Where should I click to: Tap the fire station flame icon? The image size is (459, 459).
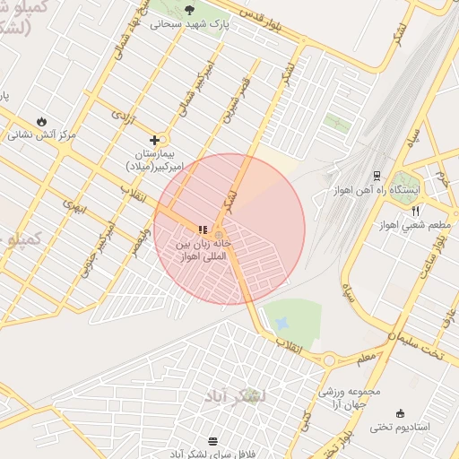point(41,121)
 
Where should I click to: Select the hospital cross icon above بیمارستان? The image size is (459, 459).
point(155,140)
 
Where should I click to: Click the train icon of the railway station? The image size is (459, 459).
point(377,175)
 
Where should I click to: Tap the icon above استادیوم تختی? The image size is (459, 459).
point(399,413)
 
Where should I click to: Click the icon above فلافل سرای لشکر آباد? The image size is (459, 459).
point(212,441)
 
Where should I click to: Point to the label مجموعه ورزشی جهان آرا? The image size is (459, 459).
point(351,397)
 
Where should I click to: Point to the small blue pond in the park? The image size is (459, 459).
point(282,321)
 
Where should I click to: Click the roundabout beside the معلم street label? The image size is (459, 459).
point(329,360)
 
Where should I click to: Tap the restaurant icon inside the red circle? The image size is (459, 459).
point(202,229)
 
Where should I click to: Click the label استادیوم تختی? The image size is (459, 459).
point(401,427)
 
